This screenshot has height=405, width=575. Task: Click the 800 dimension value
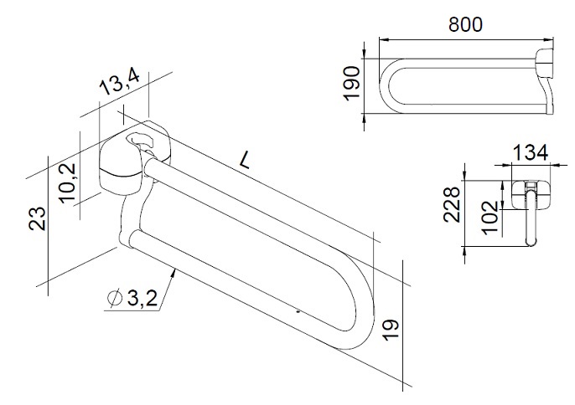(465, 24)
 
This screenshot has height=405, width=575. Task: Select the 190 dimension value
(352, 83)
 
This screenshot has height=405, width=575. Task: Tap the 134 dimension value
(530, 152)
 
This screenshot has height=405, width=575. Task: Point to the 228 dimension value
(452, 205)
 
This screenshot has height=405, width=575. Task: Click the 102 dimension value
(490, 218)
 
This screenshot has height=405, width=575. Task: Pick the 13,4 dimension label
(120, 82)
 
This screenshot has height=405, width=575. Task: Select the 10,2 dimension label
(68, 182)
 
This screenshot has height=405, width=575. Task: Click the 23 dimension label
(38, 219)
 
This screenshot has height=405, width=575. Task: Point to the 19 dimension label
(391, 330)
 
